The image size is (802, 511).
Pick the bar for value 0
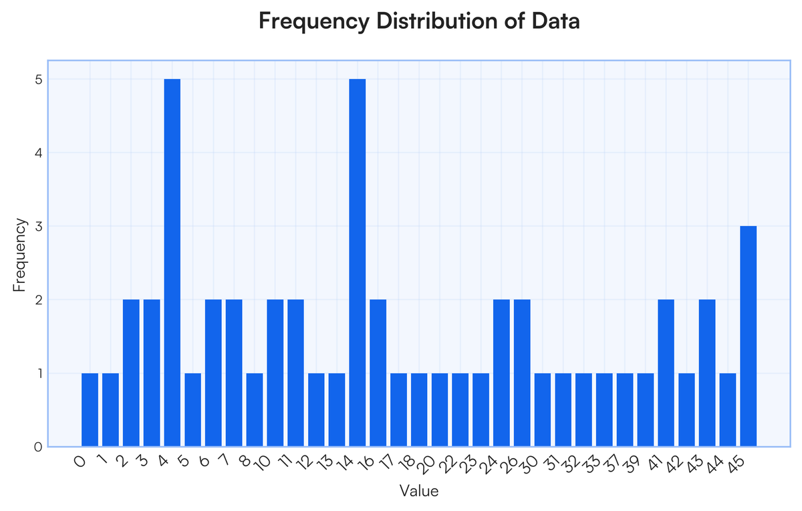(x=90, y=409)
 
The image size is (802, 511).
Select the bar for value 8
(x=255, y=409)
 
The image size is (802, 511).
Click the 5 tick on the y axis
(x=38, y=79)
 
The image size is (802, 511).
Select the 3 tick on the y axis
(x=38, y=226)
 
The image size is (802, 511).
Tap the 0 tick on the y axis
(x=38, y=447)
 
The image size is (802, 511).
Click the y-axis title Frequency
(x=20, y=255)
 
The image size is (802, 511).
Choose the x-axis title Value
(x=419, y=491)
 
